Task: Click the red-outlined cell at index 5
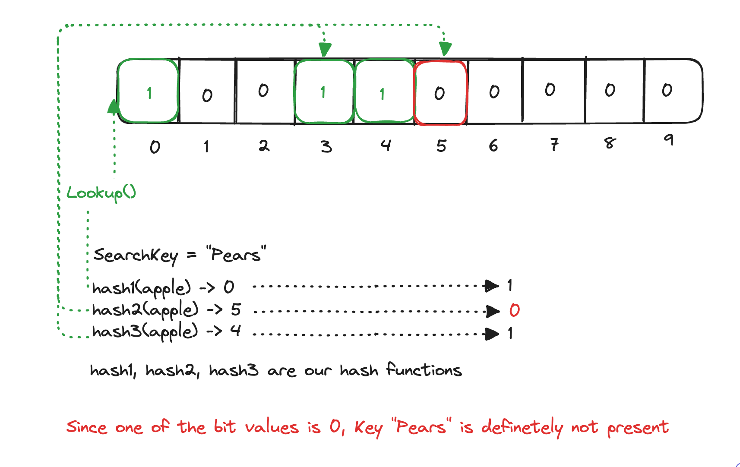(x=440, y=93)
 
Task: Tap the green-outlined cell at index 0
(x=148, y=92)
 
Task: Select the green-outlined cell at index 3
(x=324, y=92)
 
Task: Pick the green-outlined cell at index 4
(x=383, y=92)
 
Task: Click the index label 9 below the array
(x=668, y=139)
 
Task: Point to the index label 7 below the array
(x=554, y=144)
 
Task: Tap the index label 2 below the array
(x=264, y=146)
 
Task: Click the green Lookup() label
(x=101, y=192)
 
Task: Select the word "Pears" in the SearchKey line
(x=236, y=255)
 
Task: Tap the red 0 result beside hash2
(x=514, y=310)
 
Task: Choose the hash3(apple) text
(x=145, y=332)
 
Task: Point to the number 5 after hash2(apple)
(x=236, y=309)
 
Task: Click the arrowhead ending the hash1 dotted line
(x=491, y=286)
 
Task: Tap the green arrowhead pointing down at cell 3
(x=325, y=49)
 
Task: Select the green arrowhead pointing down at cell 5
(x=445, y=48)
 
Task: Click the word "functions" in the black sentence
(x=424, y=370)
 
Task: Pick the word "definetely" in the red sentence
(x=522, y=427)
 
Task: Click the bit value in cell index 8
(x=610, y=90)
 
